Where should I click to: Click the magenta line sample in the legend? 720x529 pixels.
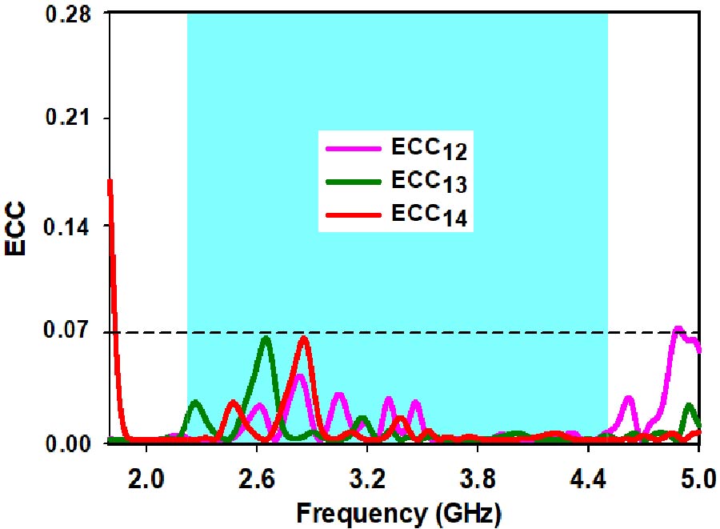(x=352, y=148)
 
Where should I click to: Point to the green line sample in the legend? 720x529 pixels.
(x=352, y=181)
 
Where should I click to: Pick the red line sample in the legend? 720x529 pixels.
(x=352, y=214)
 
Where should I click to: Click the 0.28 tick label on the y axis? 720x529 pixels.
(x=66, y=15)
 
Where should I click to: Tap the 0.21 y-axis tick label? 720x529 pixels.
(x=66, y=118)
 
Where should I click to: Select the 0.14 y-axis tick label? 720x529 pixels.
(x=66, y=226)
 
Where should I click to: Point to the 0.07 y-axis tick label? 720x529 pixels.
(x=66, y=333)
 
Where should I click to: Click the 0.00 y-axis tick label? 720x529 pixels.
(x=66, y=443)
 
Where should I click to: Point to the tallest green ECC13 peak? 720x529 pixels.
(x=266, y=339)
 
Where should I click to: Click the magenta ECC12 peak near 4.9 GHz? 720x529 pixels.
(x=678, y=329)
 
